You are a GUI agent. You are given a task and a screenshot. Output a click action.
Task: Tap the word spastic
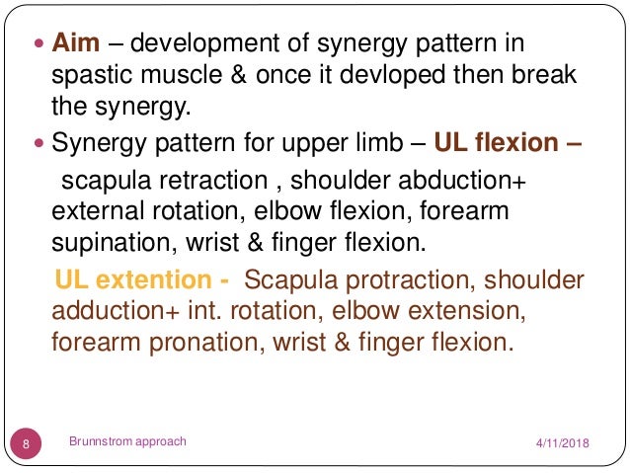(x=91, y=76)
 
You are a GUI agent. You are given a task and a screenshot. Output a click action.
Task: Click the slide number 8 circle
(x=26, y=443)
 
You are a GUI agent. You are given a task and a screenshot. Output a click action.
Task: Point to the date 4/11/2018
(x=561, y=443)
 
